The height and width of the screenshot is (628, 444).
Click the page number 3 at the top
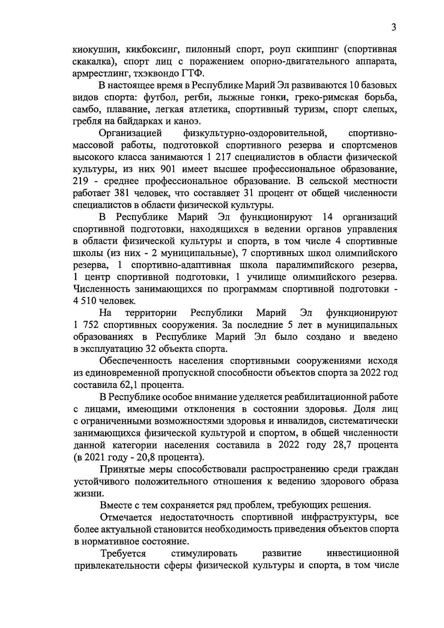tap(394, 28)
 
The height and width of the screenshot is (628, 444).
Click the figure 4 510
tap(86, 301)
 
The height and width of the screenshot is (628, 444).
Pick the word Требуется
tap(123, 554)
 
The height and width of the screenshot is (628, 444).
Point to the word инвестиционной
tap(363, 554)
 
